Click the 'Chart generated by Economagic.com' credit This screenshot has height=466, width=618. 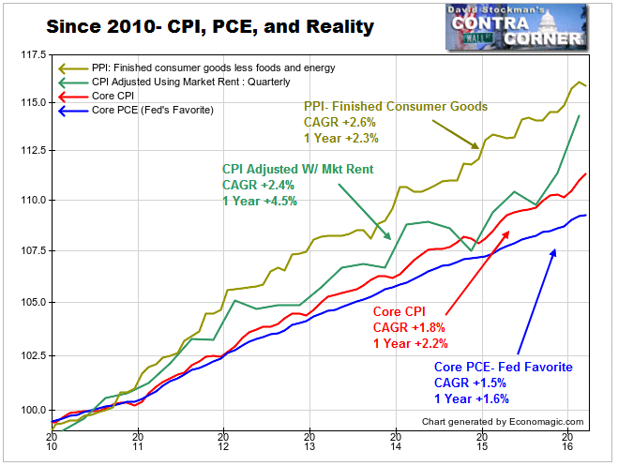[503, 422]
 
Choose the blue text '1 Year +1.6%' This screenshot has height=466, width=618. [472, 398]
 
